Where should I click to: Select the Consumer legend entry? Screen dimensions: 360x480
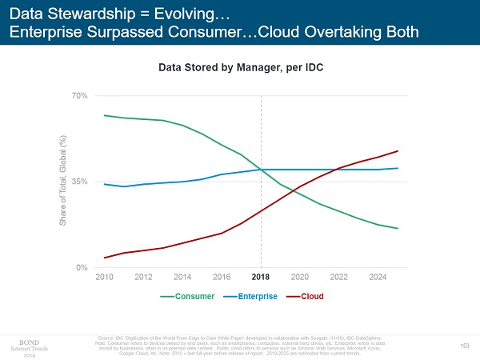(x=188, y=296)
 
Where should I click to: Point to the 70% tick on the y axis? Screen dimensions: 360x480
(x=79, y=95)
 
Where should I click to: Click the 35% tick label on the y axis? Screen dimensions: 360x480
(x=79, y=182)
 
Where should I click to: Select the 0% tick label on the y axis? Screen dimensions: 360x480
(x=82, y=267)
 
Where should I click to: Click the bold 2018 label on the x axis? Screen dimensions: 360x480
(x=261, y=277)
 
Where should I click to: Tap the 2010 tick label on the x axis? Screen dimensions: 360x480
(x=105, y=277)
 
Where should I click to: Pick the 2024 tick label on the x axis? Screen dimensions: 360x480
(x=378, y=277)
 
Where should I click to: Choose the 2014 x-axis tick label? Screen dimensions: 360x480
(x=182, y=277)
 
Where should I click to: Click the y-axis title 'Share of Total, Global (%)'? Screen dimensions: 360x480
(x=62, y=182)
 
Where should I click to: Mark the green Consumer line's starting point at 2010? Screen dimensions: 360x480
(x=105, y=115)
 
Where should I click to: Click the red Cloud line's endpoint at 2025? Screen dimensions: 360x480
(x=398, y=151)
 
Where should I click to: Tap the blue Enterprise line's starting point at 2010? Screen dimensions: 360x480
(x=105, y=184)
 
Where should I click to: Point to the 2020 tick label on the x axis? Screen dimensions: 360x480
(x=300, y=277)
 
